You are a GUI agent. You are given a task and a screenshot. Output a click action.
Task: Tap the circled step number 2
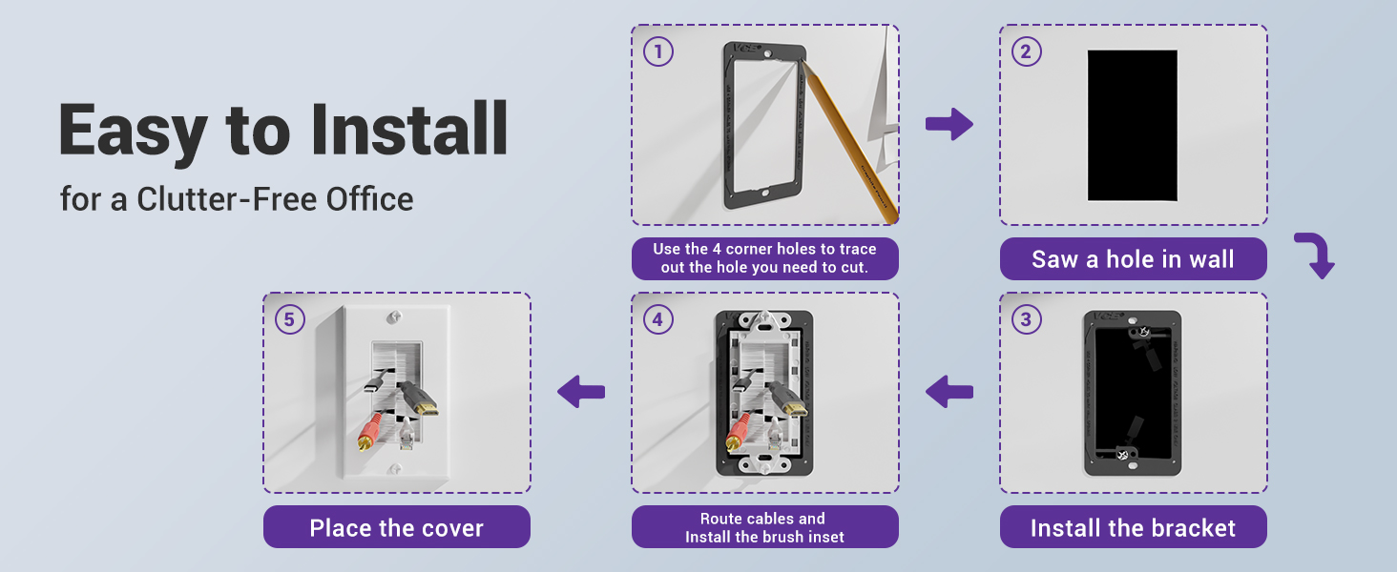click(1026, 51)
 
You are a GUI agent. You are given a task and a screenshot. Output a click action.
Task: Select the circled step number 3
click(1026, 319)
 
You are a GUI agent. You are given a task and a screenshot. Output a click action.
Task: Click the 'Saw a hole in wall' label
click(1133, 259)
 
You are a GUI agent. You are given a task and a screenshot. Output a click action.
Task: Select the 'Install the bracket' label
click(1133, 527)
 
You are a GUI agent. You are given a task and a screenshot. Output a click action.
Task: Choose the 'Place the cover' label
click(396, 527)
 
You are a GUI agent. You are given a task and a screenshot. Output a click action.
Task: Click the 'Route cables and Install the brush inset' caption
click(764, 527)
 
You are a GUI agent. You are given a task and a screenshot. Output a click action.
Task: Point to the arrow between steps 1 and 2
click(949, 125)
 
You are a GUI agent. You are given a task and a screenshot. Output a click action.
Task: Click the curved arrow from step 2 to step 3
click(1315, 255)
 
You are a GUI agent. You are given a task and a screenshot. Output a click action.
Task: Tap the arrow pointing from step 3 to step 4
click(949, 391)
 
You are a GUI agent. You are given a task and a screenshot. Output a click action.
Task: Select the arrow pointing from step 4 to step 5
click(581, 391)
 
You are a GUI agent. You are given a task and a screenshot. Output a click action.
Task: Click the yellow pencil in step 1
click(849, 143)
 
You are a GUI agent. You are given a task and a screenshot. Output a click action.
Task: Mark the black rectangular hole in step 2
click(1133, 125)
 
